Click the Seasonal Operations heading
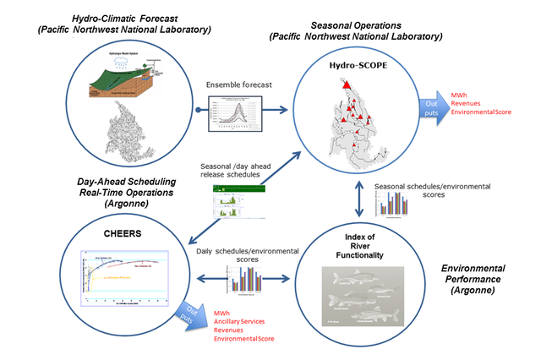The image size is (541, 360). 355,31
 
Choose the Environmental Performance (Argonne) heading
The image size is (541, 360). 482,275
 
